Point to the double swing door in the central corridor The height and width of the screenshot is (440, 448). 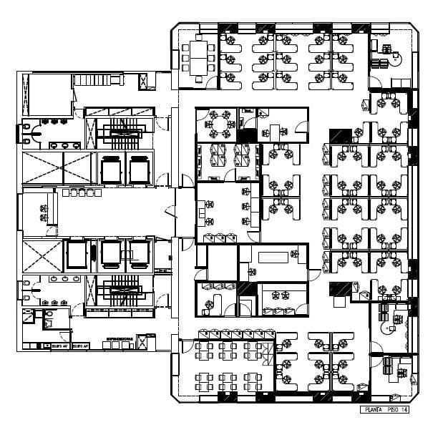[x=170, y=212]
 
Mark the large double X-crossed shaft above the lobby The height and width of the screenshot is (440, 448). [x=57, y=168]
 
